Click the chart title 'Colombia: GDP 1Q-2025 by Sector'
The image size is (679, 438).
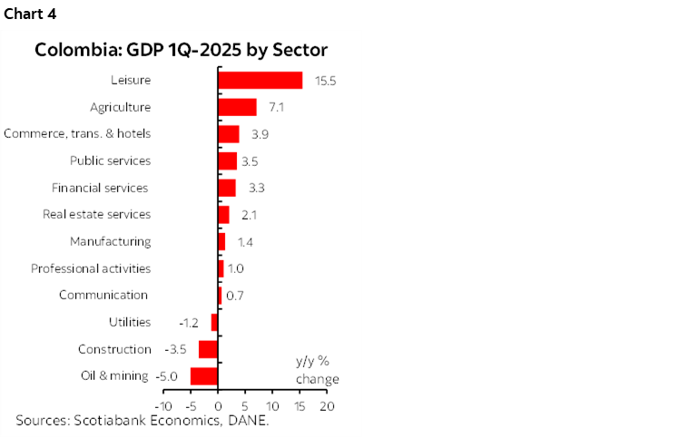181,50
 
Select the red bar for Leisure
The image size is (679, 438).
260,81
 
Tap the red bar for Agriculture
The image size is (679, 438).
237,107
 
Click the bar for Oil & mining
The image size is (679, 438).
204,376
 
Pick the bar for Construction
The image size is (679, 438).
208,349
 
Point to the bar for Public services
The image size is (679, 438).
227,161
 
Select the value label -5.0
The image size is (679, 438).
169,376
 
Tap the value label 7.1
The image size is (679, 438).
276,107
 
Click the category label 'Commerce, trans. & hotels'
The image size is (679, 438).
77,134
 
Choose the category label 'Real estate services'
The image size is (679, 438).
97,215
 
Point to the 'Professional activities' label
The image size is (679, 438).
91,268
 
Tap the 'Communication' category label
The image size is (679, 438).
103,296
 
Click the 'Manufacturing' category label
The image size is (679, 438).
111,242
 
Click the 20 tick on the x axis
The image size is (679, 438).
326,405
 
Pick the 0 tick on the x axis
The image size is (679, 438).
218,405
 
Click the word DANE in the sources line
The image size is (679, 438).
250,421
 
